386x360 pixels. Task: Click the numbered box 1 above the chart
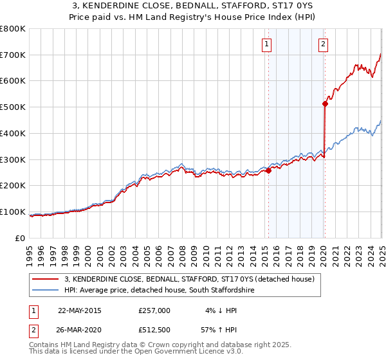[266, 44]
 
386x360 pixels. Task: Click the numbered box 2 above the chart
[323, 44]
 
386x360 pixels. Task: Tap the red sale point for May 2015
[269, 170]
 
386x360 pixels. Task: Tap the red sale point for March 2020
[326, 103]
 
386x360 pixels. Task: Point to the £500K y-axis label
[13, 107]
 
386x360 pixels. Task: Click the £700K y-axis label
[13, 55]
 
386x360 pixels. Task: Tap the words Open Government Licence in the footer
[154, 353]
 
